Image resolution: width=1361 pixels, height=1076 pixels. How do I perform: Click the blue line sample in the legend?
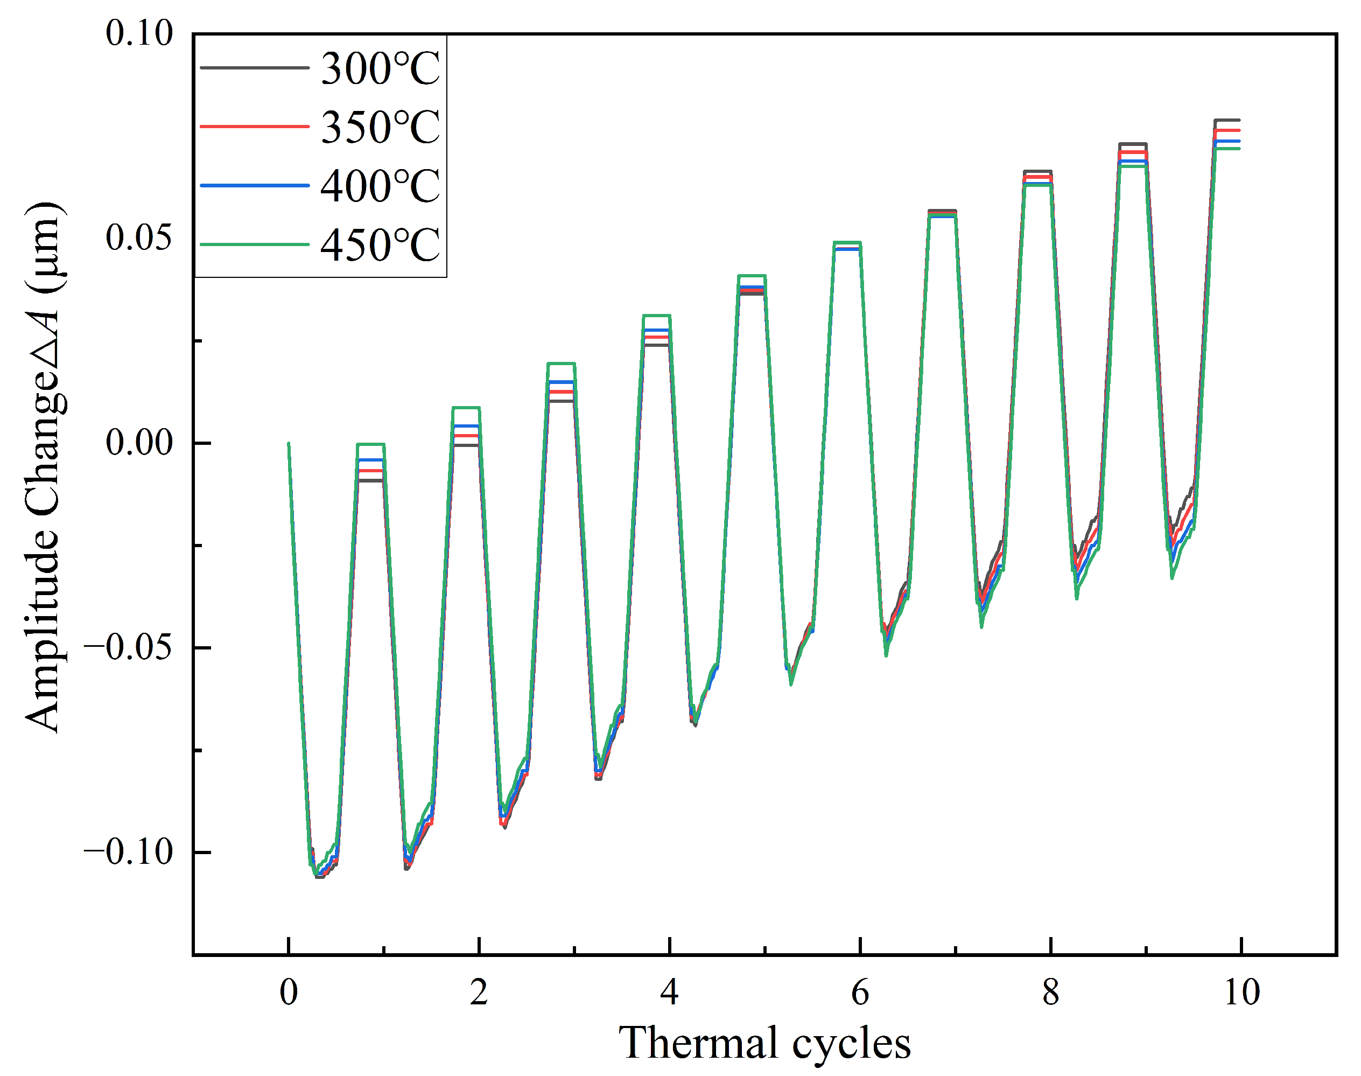(x=255, y=186)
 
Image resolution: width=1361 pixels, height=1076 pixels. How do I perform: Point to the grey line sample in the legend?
(x=255, y=68)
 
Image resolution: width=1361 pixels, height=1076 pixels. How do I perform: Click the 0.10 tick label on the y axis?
(x=138, y=33)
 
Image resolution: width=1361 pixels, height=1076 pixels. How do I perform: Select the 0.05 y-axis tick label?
(x=138, y=237)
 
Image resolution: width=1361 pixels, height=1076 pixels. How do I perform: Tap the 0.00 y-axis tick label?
(x=138, y=442)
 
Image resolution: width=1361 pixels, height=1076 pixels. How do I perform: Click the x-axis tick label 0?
(x=289, y=992)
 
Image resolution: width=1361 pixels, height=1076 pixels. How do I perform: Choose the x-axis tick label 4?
(x=670, y=992)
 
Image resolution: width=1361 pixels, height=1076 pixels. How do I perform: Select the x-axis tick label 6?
(x=860, y=992)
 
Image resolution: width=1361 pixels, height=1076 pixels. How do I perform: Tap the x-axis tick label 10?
(x=1241, y=992)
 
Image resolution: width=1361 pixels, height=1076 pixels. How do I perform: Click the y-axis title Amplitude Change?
(x=43, y=466)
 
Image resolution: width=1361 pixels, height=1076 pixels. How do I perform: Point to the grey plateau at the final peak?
(x=1227, y=120)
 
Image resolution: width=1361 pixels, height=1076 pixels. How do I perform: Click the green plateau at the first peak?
(x=370, y=444)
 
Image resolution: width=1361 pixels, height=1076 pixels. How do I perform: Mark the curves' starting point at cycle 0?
(x=289, y=444)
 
